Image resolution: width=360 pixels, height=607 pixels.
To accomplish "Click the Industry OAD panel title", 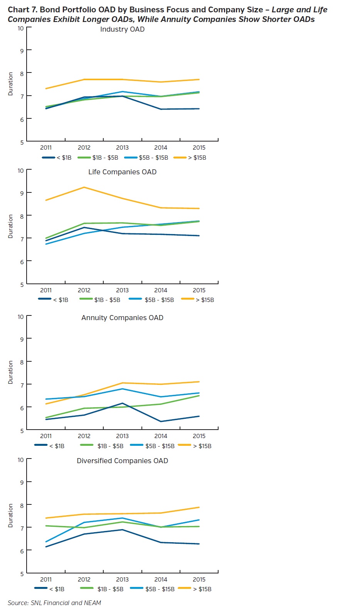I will (122, 29).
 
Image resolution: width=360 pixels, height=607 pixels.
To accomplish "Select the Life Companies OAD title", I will (122, 172).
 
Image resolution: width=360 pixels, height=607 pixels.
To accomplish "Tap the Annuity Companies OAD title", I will (122, 318).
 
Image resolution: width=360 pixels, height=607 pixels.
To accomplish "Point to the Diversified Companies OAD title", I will (122, 461).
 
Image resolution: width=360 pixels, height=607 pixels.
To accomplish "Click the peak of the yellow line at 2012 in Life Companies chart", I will (84, 187).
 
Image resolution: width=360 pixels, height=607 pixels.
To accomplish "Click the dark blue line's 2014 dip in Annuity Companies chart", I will (161, 422).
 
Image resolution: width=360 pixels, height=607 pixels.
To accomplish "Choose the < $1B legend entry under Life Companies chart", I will (54, 300).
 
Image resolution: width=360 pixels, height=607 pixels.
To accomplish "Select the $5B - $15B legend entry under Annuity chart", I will (153, 446).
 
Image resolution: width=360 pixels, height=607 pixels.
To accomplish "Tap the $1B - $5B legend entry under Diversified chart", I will (102, 589).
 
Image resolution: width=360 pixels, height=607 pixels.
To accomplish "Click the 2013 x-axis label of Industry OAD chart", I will (122, 148).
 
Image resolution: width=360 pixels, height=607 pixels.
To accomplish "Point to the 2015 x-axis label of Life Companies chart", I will (199, 290).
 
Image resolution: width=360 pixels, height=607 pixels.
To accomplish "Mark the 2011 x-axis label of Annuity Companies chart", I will (46, 436).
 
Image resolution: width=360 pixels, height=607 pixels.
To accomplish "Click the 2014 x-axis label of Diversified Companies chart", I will (161, 579).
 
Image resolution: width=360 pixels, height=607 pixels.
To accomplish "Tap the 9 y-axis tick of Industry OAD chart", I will (22, 51).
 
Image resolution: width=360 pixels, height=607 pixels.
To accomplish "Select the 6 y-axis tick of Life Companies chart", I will (22, 262).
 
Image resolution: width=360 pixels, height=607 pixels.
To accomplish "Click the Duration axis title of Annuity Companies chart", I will (10, 372).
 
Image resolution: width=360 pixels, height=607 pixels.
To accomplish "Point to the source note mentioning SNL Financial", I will (54, 603).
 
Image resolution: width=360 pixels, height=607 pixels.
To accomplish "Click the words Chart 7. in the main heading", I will (23, 10).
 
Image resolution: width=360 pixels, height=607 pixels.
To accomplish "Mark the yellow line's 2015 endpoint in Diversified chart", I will (199, 508).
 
